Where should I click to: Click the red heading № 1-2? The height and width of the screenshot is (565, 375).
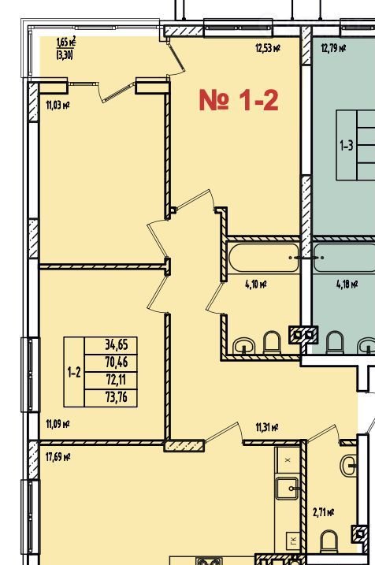tap(239, 100)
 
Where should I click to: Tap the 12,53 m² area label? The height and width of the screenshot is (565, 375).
tap(268, 48)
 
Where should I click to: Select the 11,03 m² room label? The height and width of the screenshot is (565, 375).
tap(58, 106)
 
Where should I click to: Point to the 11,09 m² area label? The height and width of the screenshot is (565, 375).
tap(58, 424)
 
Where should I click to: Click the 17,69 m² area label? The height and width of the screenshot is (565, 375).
tap(58, 457)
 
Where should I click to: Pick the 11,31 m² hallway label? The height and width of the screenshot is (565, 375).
tap(267, 427)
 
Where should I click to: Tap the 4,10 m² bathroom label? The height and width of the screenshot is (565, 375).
tap(256, 284)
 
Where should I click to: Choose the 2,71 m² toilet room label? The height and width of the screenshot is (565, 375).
tap(324, 512)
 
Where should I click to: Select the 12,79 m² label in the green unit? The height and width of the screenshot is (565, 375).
tap(333, 48)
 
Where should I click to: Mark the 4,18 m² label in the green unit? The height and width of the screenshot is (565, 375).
tap(347, 284)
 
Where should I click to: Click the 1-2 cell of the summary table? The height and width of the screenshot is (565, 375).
tap(74, 372)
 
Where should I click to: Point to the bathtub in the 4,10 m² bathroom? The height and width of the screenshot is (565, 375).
tap(264, 258)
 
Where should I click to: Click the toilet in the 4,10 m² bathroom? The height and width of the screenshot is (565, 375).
tap(272, 342)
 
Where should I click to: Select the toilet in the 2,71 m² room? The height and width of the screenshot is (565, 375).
tap(329, 541)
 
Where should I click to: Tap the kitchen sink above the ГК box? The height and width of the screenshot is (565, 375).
tap(287, 489)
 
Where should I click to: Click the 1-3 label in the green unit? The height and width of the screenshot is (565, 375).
tap(347, 146)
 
